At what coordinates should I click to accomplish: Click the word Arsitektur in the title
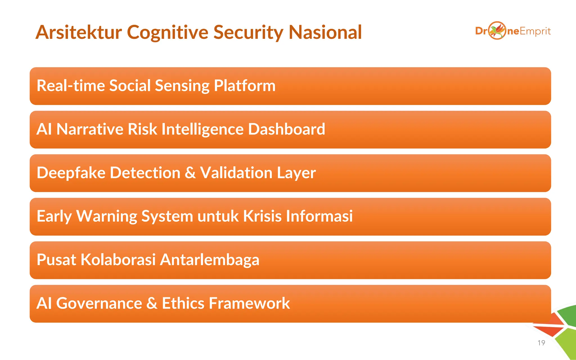pos(79,32)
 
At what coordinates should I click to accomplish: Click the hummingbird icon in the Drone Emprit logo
pos(497,30)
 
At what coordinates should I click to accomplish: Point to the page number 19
pos(541,343)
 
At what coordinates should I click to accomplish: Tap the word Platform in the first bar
pos(244,85)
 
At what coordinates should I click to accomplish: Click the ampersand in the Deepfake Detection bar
pos(190,173)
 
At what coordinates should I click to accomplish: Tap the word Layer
pos(296,173)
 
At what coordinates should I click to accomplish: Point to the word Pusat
pos(56,260)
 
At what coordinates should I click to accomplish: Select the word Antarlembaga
pos(210,260)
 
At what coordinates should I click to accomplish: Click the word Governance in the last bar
pos(99,303)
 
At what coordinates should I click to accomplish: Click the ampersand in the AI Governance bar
pos(152,303)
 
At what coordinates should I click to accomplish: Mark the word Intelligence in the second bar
pos(202,129)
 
